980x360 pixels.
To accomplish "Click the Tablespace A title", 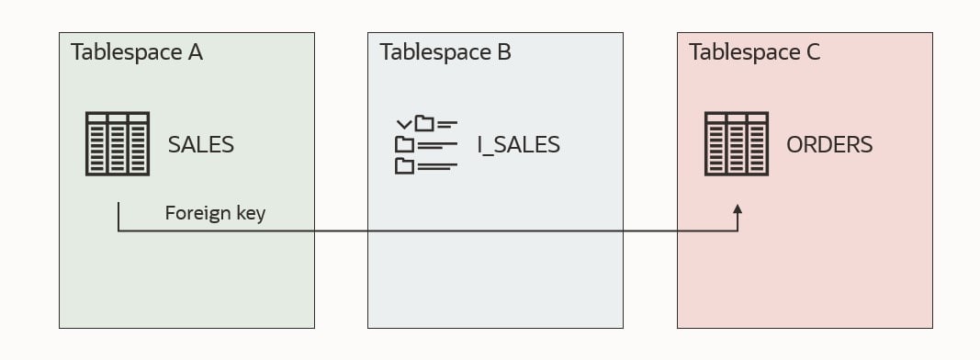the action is (137, 52).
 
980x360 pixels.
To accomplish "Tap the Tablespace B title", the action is (445, 52).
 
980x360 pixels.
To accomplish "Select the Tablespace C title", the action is (755, 52).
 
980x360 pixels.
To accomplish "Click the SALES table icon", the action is (118, 143).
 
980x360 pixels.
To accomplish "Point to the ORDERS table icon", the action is (736, 143).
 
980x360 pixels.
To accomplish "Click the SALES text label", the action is (200, 144).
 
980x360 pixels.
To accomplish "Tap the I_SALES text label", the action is (518, 144).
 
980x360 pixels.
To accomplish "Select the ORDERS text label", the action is (829, 144).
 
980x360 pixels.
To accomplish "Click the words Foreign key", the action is (215, 213).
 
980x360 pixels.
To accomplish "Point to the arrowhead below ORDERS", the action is (737, 210).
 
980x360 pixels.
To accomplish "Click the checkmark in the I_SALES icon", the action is (403, 123).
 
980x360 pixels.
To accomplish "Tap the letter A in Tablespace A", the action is (195, 52).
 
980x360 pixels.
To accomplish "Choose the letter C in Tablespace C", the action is (813, 52).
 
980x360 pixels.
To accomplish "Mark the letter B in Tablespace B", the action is (503, 52).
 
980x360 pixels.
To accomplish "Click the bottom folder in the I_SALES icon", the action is (405, 166).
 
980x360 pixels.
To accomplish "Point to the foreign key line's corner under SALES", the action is (118, 231).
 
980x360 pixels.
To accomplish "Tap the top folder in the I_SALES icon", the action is (424, 123).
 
